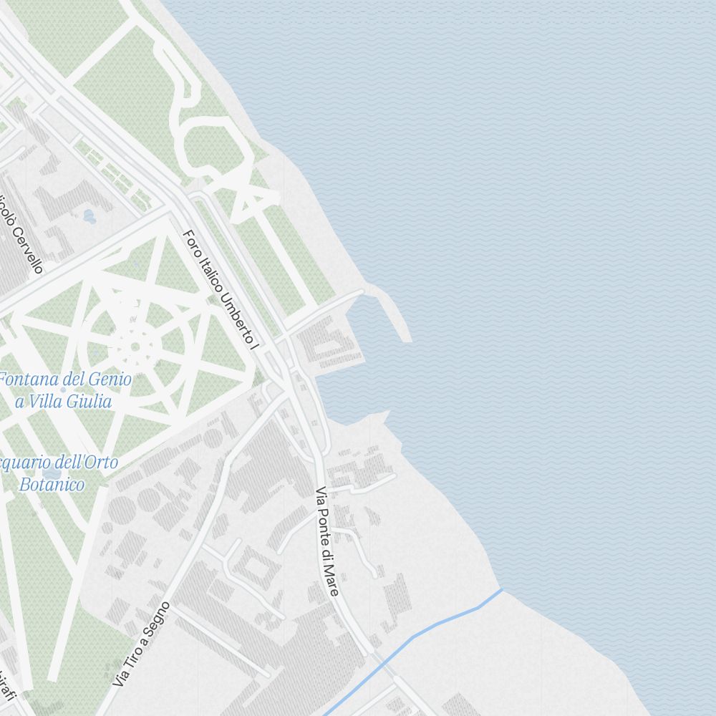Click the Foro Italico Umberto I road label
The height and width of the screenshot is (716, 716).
pyautogui.click(x=221, y=290)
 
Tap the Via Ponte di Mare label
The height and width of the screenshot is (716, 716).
pyautogui.click(x=327, y=542)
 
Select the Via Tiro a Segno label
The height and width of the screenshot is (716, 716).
pyautogui.click(x=142, y=644)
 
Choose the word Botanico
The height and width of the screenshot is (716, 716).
pyautogui.click(x=52, y=484)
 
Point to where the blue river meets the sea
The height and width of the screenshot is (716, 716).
pyautogui.click(x=502, y=589)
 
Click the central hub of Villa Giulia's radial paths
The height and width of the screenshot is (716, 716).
pyautogui.click(x=135, y=347)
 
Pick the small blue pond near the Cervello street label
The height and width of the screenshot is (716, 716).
pyautogui.click(x=89, y=214)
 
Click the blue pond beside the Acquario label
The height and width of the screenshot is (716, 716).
pyautogui.click(x=52, y=473)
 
